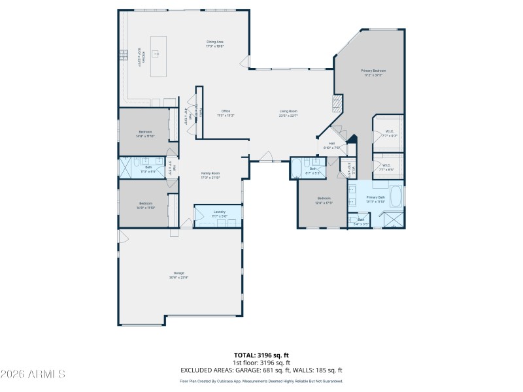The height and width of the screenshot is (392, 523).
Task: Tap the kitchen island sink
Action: click(x=156, y=54)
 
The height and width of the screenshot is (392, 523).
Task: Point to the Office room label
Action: click(x=226, y=113)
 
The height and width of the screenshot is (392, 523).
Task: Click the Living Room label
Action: click(x=288, y=113)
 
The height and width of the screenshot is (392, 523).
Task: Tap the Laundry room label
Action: click(x=218, y=213)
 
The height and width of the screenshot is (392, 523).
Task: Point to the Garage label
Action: click(x=178, y=274)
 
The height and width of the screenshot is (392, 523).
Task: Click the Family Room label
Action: click(x=210, y=175)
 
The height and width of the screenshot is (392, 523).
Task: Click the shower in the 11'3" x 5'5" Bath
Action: click(x=124, y=167)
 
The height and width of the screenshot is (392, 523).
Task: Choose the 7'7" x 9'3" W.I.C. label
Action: click(x=388, y=134)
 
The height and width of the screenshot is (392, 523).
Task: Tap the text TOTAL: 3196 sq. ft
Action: click(x=261, y=355)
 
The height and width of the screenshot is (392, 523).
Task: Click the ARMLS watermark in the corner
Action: click(x=33, y=374)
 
